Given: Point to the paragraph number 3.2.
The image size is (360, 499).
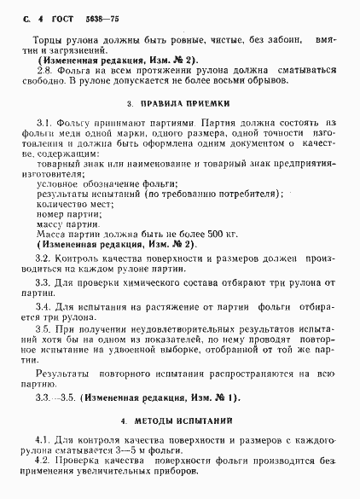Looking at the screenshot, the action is [44, 257].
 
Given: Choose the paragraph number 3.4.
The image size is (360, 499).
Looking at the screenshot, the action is [44, 305].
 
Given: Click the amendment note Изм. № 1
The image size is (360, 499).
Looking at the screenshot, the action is [214, 397].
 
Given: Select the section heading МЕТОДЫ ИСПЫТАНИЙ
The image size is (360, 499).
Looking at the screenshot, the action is [188, 421].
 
